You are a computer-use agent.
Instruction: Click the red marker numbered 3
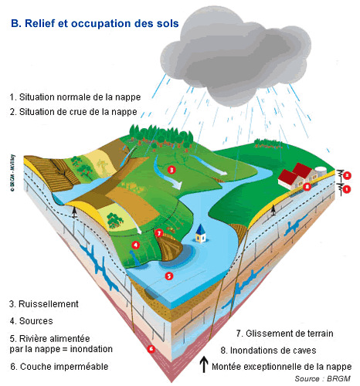(x=172, y=170)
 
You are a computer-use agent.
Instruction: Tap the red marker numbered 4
(x=136, y=245)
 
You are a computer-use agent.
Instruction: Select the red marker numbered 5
(x=169, y=276)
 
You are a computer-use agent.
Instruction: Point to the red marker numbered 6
(x=151, y=349)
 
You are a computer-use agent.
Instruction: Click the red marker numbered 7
(x=159, y=233)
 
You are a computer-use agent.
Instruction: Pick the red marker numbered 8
(x=307, y=186)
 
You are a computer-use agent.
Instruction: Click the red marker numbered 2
(x=347, y=175)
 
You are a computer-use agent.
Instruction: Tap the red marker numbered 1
(x=347, y=189)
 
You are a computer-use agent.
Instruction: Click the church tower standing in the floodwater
(x=201, y=233)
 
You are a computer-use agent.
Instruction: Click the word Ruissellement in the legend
(x=49, y=304)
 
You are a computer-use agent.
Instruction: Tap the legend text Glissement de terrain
(x=290, y=334)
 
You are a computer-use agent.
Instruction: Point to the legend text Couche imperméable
(x=64, y=367)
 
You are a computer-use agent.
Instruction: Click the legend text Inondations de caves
(x=273, y=350)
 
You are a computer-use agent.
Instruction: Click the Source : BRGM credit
(x=322, y=379)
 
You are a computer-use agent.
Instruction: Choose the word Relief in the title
(x=39, y=23)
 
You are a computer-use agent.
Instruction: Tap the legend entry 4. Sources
(x=32, y=321)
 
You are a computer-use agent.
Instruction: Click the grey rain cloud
(x=236, y=56)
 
